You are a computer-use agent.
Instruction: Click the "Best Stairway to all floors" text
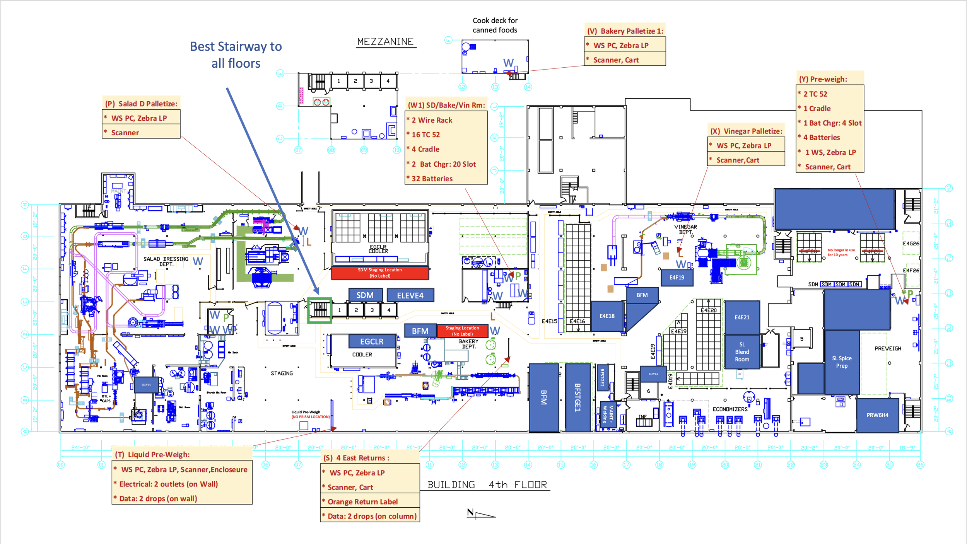coord(236,55)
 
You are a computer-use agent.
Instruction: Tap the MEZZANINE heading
coord(385,42)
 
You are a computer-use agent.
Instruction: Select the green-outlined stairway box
coord(319,310)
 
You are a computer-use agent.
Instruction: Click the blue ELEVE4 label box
coord(410,295)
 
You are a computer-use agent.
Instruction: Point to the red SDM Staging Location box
coord(380,273)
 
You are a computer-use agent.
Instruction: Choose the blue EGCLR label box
coord(372,341)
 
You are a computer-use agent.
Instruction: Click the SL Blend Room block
coord(741,352)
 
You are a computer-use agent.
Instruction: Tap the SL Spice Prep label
coord(842,362)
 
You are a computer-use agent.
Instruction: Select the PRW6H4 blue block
coord(877,415)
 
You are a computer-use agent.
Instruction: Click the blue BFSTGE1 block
coord(577,397)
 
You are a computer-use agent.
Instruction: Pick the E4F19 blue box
coord(677,278)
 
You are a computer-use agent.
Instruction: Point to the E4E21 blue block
coord(741,317)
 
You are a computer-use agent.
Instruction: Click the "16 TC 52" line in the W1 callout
coord(425,135)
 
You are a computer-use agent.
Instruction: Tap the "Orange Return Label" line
coord(362,501)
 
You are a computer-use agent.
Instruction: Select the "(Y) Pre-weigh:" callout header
coord(823,79)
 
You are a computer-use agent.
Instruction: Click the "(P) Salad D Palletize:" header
coord(141,104)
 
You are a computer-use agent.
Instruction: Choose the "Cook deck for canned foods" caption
coord(495,25)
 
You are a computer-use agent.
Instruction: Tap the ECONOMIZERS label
coord(730,409)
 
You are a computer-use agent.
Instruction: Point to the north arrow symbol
coord(480,514)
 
